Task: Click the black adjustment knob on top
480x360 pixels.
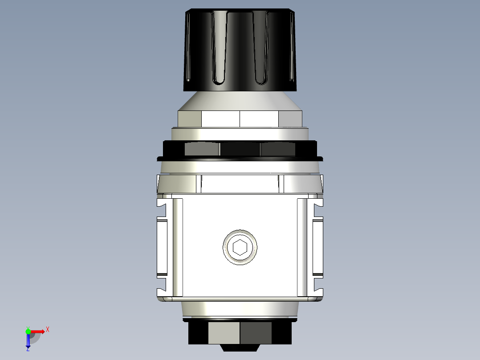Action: pos(240,49)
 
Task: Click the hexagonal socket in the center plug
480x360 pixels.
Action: pos(240,247)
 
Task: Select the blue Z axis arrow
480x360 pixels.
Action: pos(28,341)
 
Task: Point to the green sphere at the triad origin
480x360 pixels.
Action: pos(28,331)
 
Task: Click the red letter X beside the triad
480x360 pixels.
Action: pos(48,330)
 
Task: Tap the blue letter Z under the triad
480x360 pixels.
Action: pos(28,350)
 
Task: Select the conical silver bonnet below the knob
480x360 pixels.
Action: pos(240,101)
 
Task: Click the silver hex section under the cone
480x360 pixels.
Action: pos(240,119)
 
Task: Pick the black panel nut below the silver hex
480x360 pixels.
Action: pos(240,149)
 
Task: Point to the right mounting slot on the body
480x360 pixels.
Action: pos(318,247)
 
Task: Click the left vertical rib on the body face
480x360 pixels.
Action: pos(178,247)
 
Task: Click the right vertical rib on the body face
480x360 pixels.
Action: pos(302,247)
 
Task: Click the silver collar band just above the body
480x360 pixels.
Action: pos(240,184)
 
